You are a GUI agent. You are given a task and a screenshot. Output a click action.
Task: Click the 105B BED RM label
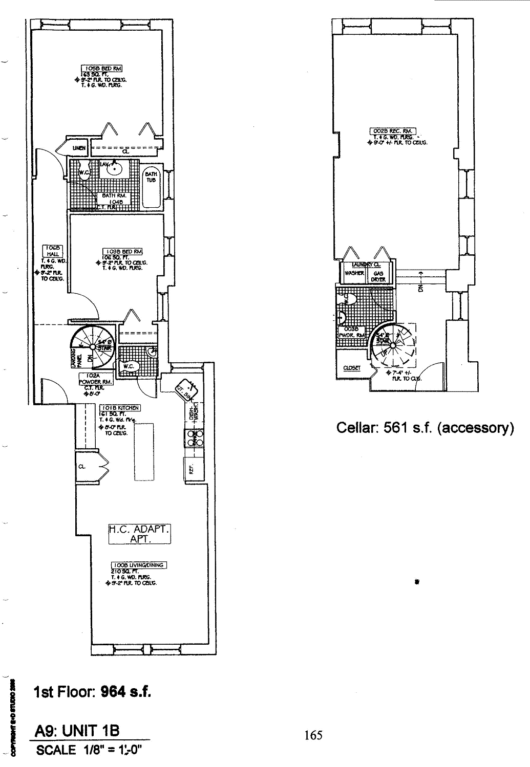102,68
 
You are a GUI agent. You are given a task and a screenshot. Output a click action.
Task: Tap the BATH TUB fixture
151,188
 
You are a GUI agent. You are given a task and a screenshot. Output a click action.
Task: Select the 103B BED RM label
122,251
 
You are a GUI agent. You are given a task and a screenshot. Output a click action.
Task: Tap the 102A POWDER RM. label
92,378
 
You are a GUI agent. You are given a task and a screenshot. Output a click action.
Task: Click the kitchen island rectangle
144,451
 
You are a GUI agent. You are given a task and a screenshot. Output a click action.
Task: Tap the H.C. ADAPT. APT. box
139,534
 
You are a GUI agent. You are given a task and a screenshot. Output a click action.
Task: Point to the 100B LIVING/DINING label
139,565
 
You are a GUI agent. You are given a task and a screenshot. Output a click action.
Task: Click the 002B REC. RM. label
393,131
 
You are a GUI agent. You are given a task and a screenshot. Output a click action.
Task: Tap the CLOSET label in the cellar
352,367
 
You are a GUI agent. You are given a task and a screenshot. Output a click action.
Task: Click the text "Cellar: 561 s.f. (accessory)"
425,427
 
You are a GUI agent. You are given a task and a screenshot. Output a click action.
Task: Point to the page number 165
313,735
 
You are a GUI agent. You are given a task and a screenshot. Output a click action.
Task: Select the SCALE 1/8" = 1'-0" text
88,750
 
